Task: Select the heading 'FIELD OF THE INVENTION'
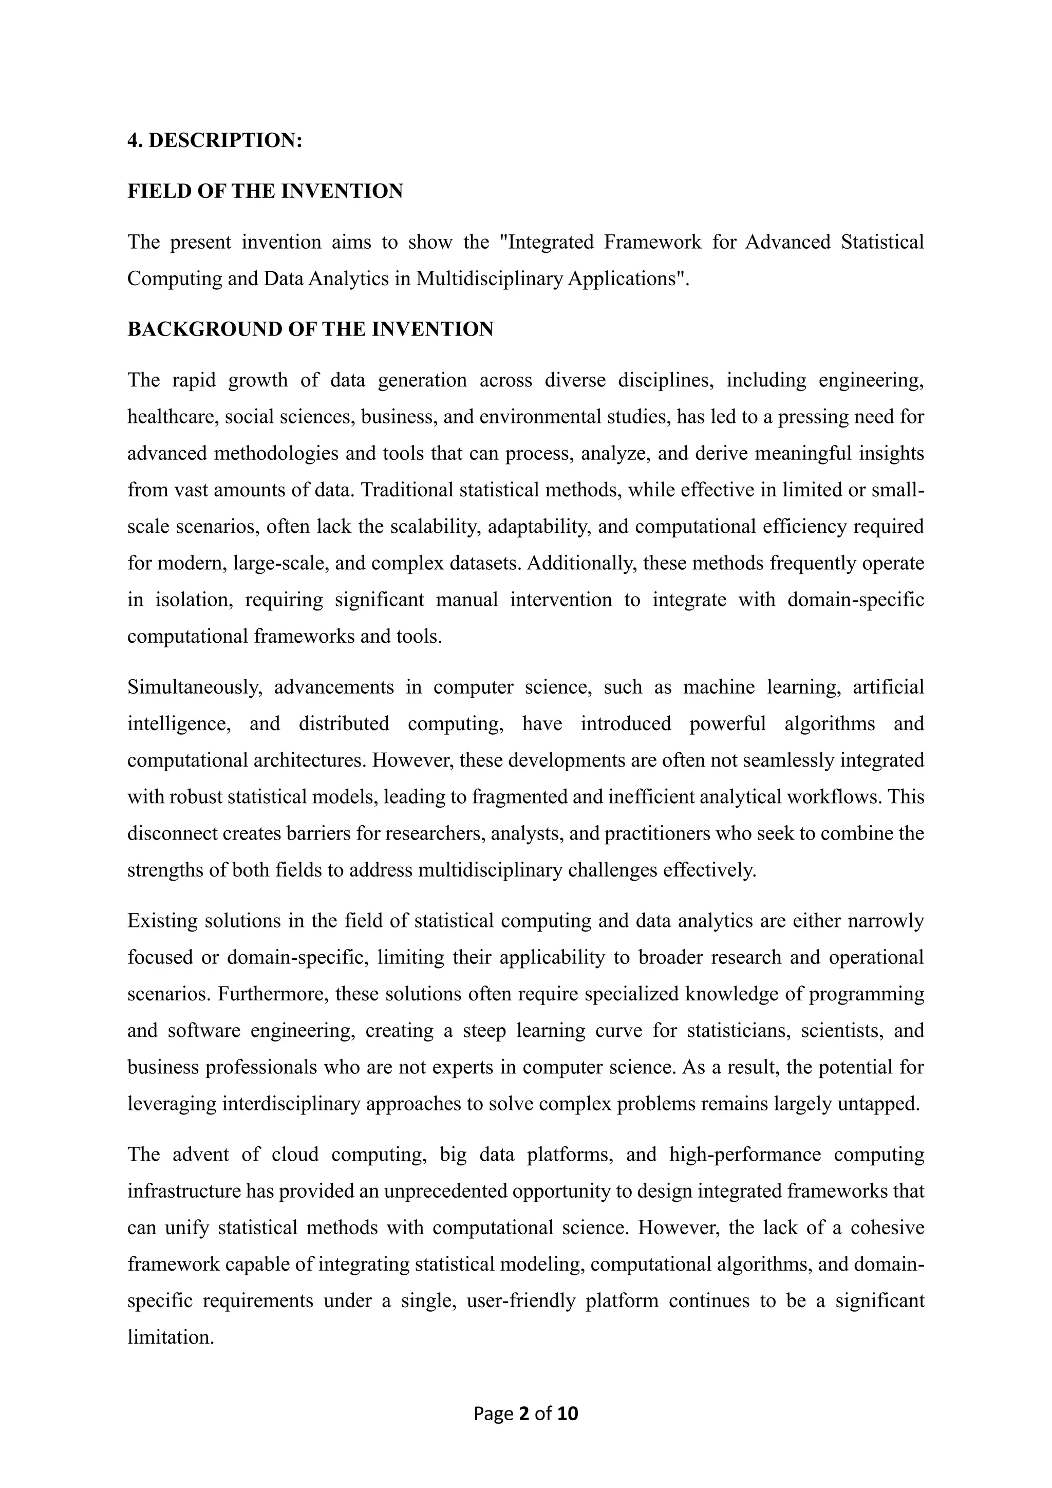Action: [265, 191]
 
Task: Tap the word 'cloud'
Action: [295, 1155]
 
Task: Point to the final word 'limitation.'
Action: [171, 1337]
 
